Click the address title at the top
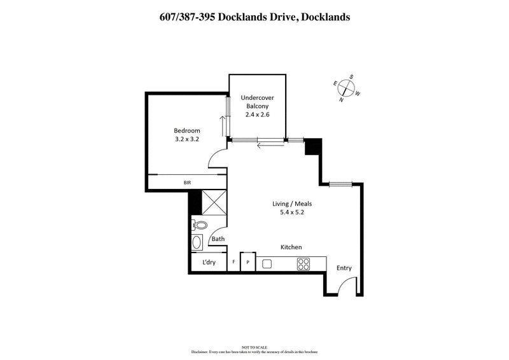254,17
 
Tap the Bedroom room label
187,131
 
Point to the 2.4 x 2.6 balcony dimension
257,115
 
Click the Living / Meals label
291,204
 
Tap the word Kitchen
291,247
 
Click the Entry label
344,268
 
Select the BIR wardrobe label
187,183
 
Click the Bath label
218,239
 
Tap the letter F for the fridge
234,263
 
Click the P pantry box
248,263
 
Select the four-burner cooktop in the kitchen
303,263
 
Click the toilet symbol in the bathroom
200,225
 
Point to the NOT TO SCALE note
254,347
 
